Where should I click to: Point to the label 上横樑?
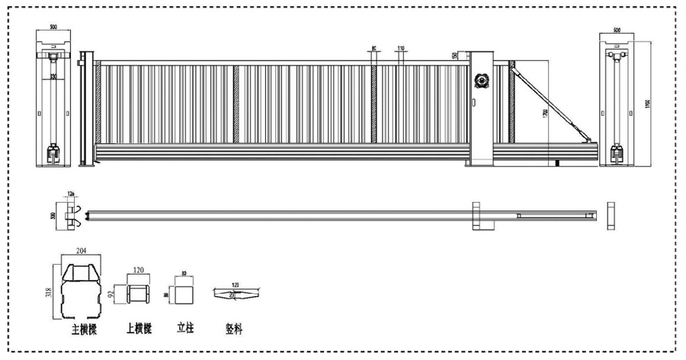[139, 329]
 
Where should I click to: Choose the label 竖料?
[234, 329]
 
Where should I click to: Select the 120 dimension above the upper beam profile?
[138, 271]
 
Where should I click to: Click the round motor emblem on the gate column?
[482, 79]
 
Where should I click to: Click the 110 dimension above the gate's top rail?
[400, 49]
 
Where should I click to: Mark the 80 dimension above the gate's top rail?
[373, 49]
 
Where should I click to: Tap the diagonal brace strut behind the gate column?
[550, 99]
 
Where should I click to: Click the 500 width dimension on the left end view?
[53, 27]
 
